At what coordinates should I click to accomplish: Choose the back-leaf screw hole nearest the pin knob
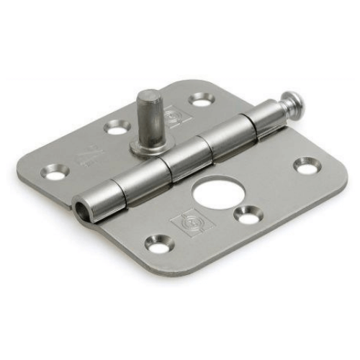[x=202, y=99]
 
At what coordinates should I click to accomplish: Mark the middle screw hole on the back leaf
[x=117, y=127]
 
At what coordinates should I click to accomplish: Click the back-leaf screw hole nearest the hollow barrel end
[x=55, y=172]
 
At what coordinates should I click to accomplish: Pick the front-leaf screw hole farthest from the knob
[x=159, y=243]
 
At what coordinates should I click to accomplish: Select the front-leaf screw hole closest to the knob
[x=306, y=166]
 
